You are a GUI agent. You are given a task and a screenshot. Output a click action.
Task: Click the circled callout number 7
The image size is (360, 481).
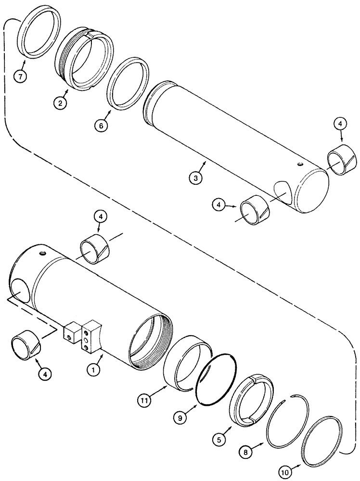pos(20,77)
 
